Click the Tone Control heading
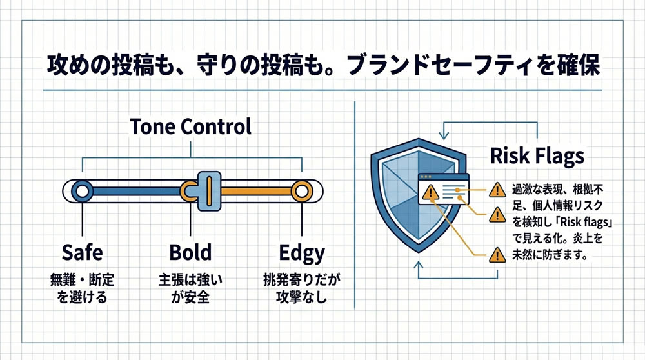pyautogui.click(x=190, y=126)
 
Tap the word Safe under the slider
pyautogui.click(x=83, y=252)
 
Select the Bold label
pyautogui.click(x=190, y=252)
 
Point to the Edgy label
pyautogui.click(x=302, y=254)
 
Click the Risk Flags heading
pyautogui.click(x=537, y=156)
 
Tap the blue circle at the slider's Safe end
pyautogui.click(x=83, y=191)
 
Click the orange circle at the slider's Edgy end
pyautogui.click(x=302, y=191)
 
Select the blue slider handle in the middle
pyautogui.click(x=209, y=191)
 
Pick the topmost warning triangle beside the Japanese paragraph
pyautogui.click(x=497, y=190)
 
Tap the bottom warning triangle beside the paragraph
pyautogui.click(x=497, y=255)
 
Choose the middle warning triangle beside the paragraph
pyautogui.click(x=497, y=214)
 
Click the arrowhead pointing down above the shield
pyautogui.click(x=444, y=135)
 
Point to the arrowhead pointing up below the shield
pyautogui.click(x=419, y=265)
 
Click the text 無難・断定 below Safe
pyautogui.click(x=83, y=280)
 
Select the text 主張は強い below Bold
pyautogui.click(x=190, y=280)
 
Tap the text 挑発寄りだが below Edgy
pyautogui.click(x=302, y=280)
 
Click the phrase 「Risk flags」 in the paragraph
pyautogui.click(x=584, y=222)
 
